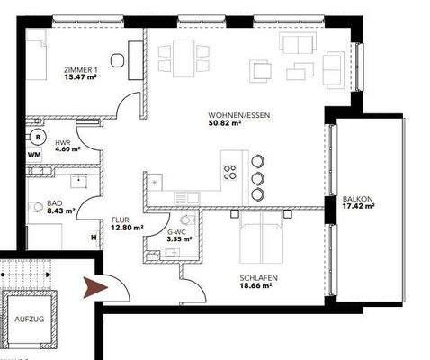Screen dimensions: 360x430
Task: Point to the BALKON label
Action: click(357, 200)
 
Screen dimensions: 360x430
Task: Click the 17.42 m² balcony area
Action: click(357, 208)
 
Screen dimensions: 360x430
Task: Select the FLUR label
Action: click(122, 219)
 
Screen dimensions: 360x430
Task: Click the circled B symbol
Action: click(38, 137)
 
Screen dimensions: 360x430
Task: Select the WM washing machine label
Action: click(34, 157)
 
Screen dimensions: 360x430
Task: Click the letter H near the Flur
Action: click(93, 238)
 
